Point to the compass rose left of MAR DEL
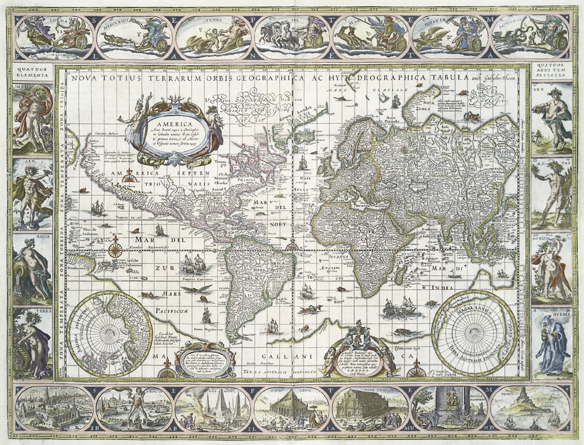pos(115,249)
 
